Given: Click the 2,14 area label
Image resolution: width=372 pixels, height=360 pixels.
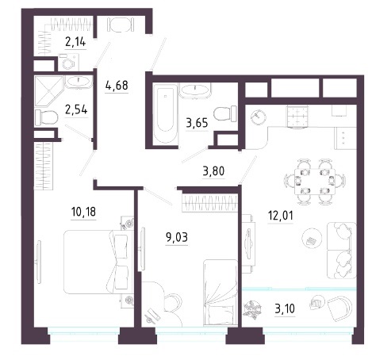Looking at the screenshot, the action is (x=75, y=42).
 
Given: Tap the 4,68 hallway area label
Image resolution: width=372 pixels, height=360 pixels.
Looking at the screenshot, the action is (x=117, y=86).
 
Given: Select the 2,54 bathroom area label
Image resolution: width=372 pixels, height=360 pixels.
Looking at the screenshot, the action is (x=76, y=110).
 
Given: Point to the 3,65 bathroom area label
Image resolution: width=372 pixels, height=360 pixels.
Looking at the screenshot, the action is (x=197, y=123).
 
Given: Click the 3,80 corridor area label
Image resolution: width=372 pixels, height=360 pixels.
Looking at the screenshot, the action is (x=213, y=171).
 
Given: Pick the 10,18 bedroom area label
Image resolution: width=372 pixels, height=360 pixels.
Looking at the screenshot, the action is (x=83, y=212).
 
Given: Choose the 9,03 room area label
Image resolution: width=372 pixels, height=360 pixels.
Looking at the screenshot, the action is (x=177, y=237).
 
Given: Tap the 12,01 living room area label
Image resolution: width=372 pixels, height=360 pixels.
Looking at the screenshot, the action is (x=281, y=216).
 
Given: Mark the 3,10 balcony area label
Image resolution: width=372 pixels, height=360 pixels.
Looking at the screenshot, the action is (x=285, y=308).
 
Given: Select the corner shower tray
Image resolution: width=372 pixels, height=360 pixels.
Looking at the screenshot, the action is (x=48, y=91).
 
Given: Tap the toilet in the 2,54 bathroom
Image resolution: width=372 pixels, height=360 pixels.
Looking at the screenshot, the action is (x=46, y=117).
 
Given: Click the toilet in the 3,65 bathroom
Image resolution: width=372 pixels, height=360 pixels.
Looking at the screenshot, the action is (x=225, y=113).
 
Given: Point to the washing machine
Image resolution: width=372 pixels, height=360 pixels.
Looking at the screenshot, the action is (x=68, y=63).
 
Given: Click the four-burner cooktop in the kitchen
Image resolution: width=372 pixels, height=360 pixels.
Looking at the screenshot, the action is (x=297, y=117).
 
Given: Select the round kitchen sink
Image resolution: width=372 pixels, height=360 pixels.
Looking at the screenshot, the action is (x=259, y=117).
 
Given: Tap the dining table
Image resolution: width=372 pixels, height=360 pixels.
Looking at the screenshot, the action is (x=315, y=182).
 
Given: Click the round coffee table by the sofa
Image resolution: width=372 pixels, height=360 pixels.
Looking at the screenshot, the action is (x=312, y=238).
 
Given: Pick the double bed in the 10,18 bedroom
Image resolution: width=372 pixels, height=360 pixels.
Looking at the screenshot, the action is (x=98, y=262).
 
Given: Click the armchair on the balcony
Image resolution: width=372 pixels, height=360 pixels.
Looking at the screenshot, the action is (x=340, y=308).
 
